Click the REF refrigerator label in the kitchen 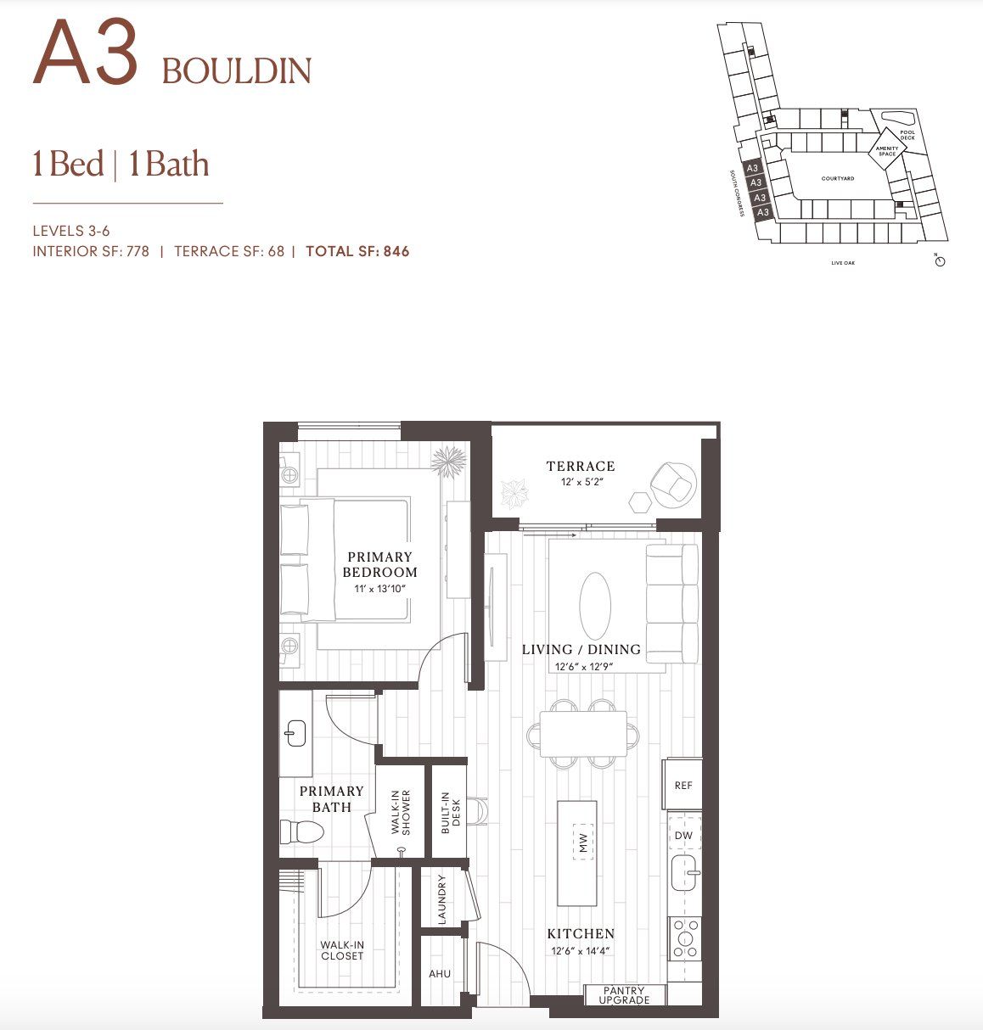pyautogui.click(x=683, y=786)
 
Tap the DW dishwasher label pyautogui.click(x=683, y=836)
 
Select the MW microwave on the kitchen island pyautogui.click(x=583, y=842)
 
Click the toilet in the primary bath pyautogui.click(x=301, y=832)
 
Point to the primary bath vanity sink pyautogui.click(x=295, y=733)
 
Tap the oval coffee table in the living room pyautogui.click(x=595, y=603)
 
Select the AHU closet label pyautogui.click(x=440, y=974)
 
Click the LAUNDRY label pyautogui.click(x=441, y=899)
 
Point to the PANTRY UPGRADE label pyautogui.click(x=624, y=995)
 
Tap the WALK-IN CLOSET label pyautogui.click(x=342, y=950)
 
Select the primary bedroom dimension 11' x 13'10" pyautogui.click(x=380, y=588)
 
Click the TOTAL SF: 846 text pyautogui.click(x=357, y=251)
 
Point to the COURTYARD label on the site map pyautogui.click(x=838, y=179)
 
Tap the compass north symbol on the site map pyautogui.click(x=940, y=261)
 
